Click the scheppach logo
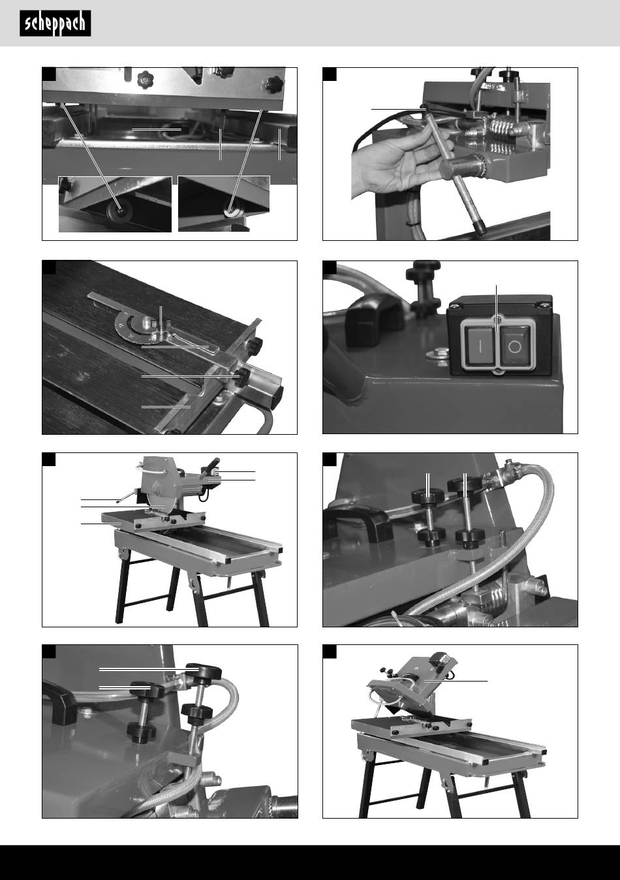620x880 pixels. click(55, 24)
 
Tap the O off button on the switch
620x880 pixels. click(516, 346)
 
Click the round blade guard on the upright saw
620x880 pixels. click(160, 484)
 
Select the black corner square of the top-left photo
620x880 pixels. click(49, 74)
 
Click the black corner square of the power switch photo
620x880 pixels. click(329, 267)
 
